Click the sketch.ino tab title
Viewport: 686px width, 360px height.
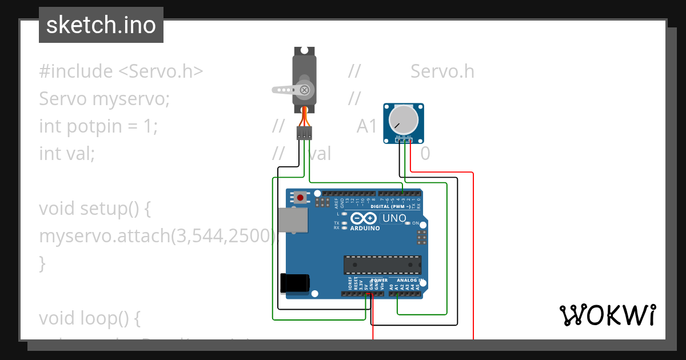point(101,25)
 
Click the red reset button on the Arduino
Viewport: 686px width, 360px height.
point(300,198)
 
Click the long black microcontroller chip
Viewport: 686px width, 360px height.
point(382,265)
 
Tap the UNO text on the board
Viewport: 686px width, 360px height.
point(394,218)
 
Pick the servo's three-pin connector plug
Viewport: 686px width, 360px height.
point(304,133)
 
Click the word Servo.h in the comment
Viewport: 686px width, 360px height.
point(442,71)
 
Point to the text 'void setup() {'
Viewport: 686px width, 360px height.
point(94,209)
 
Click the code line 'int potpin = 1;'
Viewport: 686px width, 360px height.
point(98,126)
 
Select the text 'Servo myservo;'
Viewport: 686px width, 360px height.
point(104,99)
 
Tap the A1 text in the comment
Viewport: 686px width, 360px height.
point(367,126)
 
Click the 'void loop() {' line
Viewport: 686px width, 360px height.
point(89,318)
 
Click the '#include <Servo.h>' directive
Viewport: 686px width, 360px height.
point(121,71)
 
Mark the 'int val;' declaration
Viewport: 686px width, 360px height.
point(66,154)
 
